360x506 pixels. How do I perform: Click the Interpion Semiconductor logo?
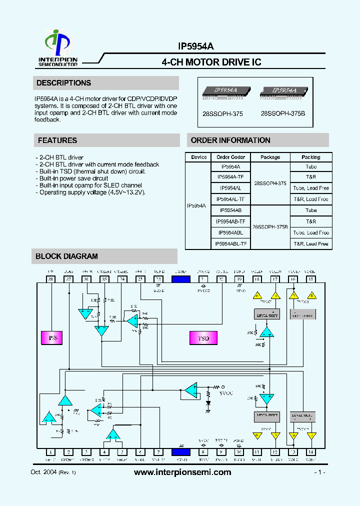tap(58, 48)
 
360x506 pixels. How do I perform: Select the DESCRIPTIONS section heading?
tap(63, 83)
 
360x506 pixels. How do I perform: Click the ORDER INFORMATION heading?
tap(230, 140)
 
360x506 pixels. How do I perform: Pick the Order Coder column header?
tap(230, 157)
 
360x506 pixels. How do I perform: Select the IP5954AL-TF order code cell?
tap(230, 199)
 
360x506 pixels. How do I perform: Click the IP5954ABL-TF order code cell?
tap(230, 243)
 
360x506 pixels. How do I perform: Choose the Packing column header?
tap(311, 157)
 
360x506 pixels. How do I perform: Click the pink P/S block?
tap(52, 338)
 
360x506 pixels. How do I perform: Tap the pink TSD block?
tap(203, 338)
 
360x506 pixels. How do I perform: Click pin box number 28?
tap(50, 279)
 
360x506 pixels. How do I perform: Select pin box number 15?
tap(310, 279)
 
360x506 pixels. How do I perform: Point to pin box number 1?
tap(50, 452)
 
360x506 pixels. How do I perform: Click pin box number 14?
tap(310, 452)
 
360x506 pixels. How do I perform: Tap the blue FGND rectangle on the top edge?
tap(180, 279)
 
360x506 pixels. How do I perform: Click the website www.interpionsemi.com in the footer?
tap(183, 472)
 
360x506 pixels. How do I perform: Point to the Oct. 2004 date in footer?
tap(43, 473)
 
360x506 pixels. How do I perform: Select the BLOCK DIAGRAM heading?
tap(66, 256)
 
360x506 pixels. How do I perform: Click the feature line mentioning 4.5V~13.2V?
tap(92, 192)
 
